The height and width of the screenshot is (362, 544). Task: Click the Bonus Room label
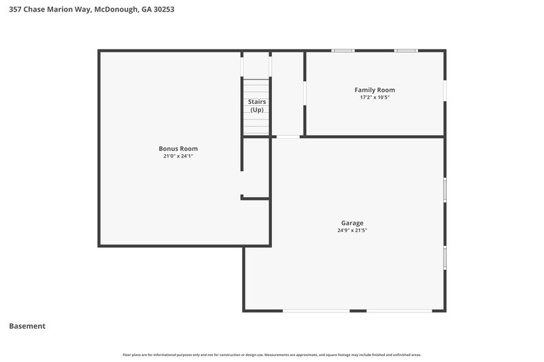point(178,149)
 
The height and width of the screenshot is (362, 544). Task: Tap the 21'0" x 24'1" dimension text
point(178,156)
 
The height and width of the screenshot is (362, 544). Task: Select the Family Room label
point(375,90)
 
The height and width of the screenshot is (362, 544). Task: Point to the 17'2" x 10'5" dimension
point(375,98)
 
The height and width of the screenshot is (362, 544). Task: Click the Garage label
point(352,223)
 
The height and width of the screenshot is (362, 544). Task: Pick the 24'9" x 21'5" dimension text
point(352,230)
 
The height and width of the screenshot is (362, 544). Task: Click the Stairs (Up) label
point(256,105)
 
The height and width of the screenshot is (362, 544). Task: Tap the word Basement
point(27,326)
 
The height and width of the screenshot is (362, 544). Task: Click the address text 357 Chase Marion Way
point(49,10)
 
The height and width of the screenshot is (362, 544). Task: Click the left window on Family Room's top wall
point(343,50)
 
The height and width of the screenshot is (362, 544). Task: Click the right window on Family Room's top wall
point(406,50)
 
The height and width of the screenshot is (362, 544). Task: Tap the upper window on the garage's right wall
point(445,189)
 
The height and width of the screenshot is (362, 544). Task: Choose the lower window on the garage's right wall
point(445,257)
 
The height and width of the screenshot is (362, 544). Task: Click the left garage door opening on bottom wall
point(316,311)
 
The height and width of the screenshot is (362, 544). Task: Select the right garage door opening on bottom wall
point(399,311)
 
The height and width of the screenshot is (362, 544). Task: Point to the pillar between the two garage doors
point(358,311)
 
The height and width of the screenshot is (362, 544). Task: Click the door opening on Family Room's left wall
point(305,94)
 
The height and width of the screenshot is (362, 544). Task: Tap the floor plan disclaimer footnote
point(272,355)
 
